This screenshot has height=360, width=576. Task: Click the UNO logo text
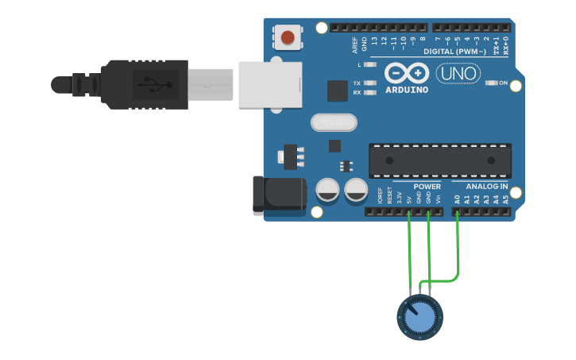coord(458,74)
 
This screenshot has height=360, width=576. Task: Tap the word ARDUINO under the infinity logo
coord(407,90)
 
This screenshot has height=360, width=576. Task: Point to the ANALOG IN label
coord(486,186)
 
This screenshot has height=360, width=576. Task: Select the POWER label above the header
coord(427,186)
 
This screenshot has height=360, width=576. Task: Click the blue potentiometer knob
coord(419,317)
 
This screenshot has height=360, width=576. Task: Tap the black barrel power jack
coord(278,195)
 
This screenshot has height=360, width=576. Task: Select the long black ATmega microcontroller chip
coord(439,160)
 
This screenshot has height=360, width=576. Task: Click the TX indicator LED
coord(368,83)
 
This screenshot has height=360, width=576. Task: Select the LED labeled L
coord(368,64)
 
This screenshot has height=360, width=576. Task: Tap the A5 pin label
coord(505,199)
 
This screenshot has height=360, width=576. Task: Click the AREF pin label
coord(355,43)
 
